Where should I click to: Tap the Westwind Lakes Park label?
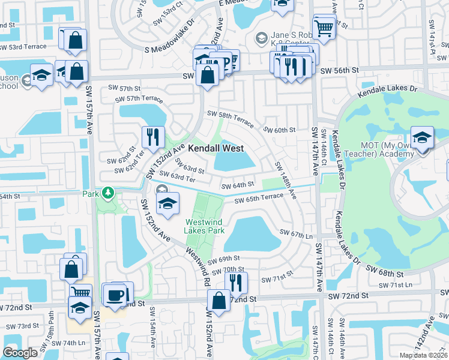pos(205,226)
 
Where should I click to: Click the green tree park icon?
pos(107,193)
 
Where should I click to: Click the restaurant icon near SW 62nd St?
pos(152,137)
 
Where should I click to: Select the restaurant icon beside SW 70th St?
pos(236,282)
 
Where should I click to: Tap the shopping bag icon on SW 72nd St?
pos(218,301)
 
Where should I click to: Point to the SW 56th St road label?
pos(339,70)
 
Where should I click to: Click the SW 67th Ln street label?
pos(298,235)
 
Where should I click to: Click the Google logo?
pos(20,353)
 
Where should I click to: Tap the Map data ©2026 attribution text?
pos(423,355)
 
